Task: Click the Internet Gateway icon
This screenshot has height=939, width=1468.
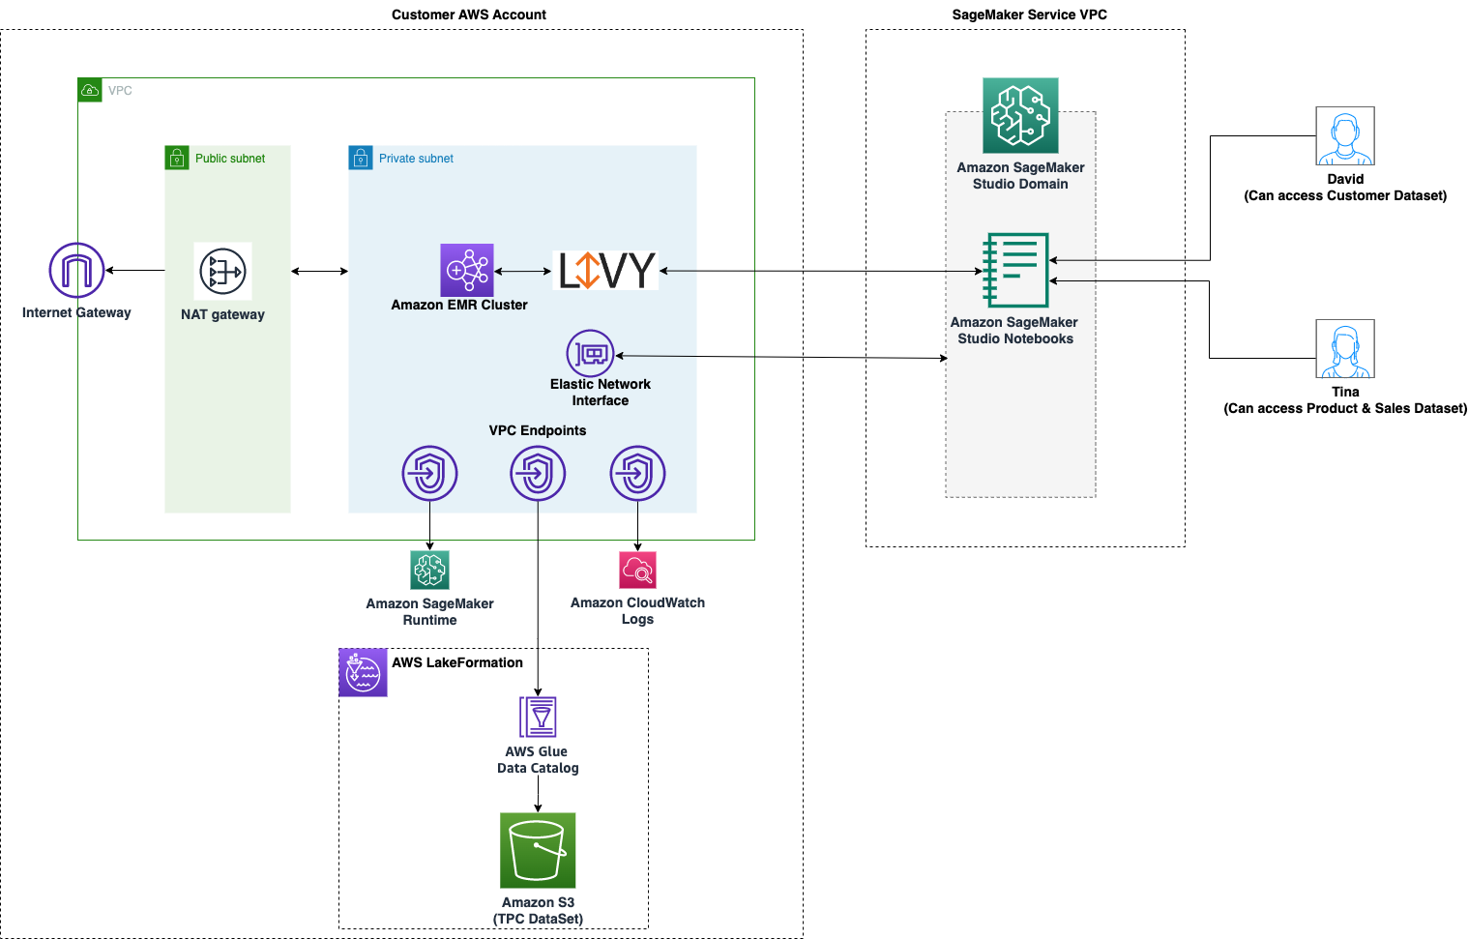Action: pos(76,270)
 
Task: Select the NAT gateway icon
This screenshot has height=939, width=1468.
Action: pos(222,271)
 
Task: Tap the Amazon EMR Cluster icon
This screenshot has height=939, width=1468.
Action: pos(467,271)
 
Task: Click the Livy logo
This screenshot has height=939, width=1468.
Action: pos(604,270)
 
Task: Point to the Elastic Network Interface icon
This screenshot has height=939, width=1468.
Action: pos(591,354)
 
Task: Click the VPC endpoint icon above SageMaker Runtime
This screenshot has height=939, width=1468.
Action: pos(429,473)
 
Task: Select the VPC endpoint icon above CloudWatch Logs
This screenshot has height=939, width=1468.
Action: pos(637,473)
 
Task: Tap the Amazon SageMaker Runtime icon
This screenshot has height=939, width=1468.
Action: pos(430,571)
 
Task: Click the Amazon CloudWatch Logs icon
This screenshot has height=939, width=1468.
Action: pos(637,571)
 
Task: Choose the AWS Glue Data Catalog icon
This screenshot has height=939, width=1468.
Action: pos(538,717)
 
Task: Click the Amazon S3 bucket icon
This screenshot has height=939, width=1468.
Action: pos(538,851)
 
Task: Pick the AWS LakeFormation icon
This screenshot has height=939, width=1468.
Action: pos(363,672)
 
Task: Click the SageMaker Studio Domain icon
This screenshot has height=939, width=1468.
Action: pos(1020,115)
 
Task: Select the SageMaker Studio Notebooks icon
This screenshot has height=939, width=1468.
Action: pos(1015,270)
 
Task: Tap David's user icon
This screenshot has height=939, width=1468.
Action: pos(1345,135)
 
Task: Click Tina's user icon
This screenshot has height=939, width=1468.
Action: pos(1345,348)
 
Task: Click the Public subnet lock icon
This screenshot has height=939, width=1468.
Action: pos(177,158)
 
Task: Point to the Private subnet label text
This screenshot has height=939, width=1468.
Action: pos(416,159)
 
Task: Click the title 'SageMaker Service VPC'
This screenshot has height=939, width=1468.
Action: pos(1030,15)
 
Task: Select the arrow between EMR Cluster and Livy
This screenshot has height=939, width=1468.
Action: pos(523,271)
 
